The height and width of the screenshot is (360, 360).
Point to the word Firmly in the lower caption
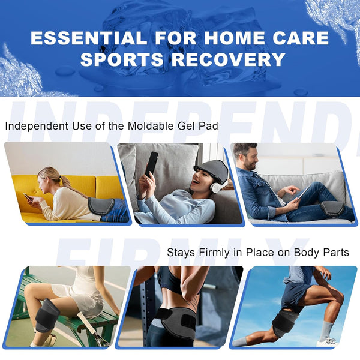218,253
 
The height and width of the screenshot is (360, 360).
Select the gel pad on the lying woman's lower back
100,206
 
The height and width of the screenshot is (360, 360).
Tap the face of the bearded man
248,159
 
